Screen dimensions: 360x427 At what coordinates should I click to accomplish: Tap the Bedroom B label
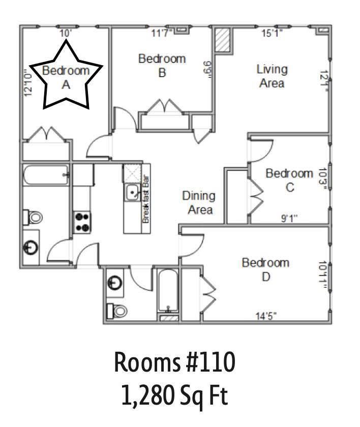pyautogui.click(x=162, y=66)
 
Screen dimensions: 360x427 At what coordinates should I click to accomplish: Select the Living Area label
pyautogui.click(x=272, y=76)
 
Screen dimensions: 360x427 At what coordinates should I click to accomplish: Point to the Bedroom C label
pyautogui.click(x=289, y=180)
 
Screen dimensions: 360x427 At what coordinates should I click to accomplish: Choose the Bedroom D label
pyautogui.click(x=265, y=269)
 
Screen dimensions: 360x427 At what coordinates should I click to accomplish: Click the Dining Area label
pyautogui.click(x=199, y=203)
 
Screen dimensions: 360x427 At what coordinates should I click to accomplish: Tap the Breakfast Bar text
pyautogui.click(x=146, y=199)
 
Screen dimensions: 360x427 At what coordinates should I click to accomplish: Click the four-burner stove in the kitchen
pyautogui.click(x=82, y=222)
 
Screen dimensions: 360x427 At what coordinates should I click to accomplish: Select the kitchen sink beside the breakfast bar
pyautogui.click(x=132, y=193)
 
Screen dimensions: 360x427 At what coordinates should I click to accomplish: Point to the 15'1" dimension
pyautogui.click(x=272, y=33)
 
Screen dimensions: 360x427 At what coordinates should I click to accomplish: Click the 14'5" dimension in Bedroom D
pyautogui.click(x=266, y=316)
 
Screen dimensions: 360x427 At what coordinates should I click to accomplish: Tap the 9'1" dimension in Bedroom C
pyautogui.click(x=289, y=218)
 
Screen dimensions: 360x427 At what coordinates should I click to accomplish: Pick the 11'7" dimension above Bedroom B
pyautogui.click(x=162, y=33)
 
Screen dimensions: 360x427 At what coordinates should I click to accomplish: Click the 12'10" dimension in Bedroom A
pyautogui.click(x=28, y=83)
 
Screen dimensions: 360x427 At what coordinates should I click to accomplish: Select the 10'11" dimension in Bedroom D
pyautogui.click(x=323, y=275)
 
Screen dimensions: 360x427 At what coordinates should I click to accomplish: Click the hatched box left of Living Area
pyautogui.click(x=223, y=40)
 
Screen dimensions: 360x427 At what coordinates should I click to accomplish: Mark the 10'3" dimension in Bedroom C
pyautogui.click(x=323, y=177)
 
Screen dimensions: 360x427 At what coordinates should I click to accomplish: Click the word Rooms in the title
pyautogui.click(x=147, y=362)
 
